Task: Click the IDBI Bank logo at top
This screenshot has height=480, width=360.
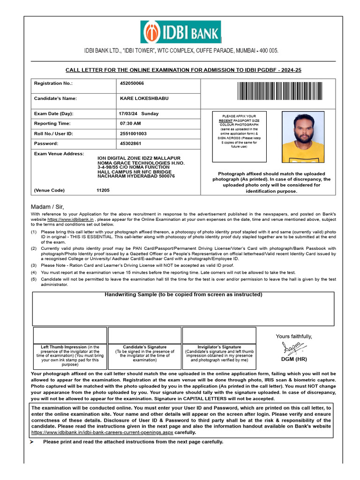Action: click(x=180, y=32)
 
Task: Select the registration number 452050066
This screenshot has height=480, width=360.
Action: click(x=132, y=83)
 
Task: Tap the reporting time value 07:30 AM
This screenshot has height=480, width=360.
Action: click(x=130, y=123)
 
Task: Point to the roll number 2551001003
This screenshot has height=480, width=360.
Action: click(x=133, y=134)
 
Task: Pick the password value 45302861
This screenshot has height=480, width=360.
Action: click(x=130, y=143)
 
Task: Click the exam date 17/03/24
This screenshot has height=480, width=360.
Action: click(x=128, y=113)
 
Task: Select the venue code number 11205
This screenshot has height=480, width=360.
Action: click(x=103, y=190)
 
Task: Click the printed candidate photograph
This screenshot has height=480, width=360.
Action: click(x=302, y=137)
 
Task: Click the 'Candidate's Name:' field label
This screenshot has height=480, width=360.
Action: click(x=55, y=98)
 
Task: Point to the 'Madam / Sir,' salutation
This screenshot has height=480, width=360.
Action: click(x=47, y=207)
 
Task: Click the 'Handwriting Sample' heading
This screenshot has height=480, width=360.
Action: click(x=183, y=294)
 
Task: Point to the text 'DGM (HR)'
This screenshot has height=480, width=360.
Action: click(x=294, y=359)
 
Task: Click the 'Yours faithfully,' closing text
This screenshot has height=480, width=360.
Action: click(x=293, y=336)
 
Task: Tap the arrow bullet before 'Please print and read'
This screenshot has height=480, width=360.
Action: click(x=32, y=442)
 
